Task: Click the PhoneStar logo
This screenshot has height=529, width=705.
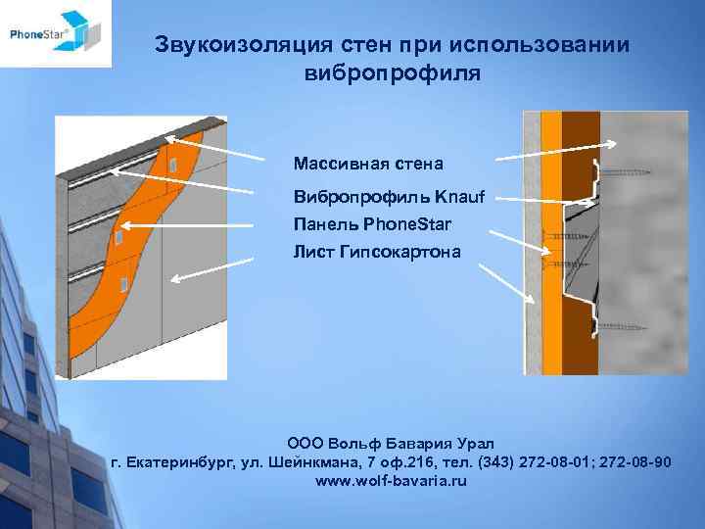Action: pos(56,33)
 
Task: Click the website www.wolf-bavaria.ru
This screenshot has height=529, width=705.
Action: pos(392,482)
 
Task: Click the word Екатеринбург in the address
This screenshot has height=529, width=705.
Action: pos(181,462)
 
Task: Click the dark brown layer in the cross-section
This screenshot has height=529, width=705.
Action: pos(580,245)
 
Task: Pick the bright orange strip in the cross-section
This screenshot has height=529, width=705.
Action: pos(551,245)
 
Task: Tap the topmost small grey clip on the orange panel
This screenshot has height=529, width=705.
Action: pos(172,164)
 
